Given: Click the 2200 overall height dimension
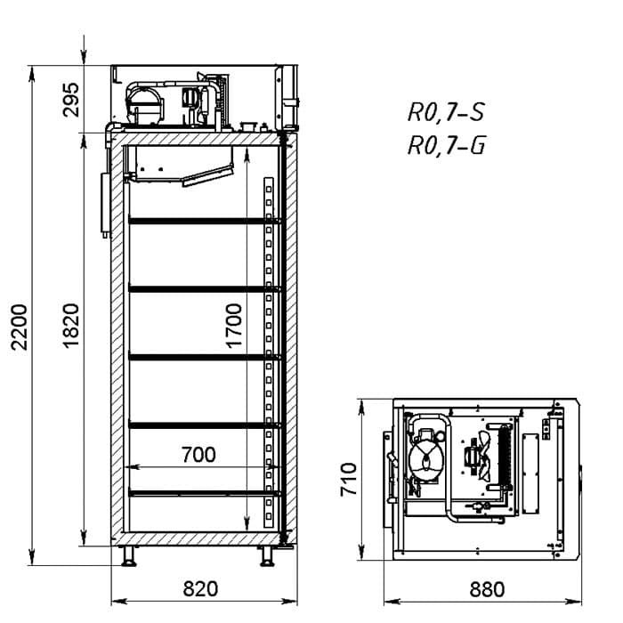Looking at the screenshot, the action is click(x=19, y=327).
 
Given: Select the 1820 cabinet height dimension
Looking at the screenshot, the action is click(x=71, y=326).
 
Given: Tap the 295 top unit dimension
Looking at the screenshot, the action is click(x=71, y=100).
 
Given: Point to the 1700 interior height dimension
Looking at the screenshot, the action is click(x=233, y=326).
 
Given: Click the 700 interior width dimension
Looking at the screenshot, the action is click(x=198, y=455).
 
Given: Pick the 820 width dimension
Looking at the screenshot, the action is click(x=200, y=589).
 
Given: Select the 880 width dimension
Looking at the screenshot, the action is click(x=487, y=589).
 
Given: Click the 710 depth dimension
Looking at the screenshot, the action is click(x=349, y=479).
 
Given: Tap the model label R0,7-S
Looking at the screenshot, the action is click(x=446, y=112).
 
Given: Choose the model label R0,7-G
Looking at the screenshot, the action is click(x=447, y=145).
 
